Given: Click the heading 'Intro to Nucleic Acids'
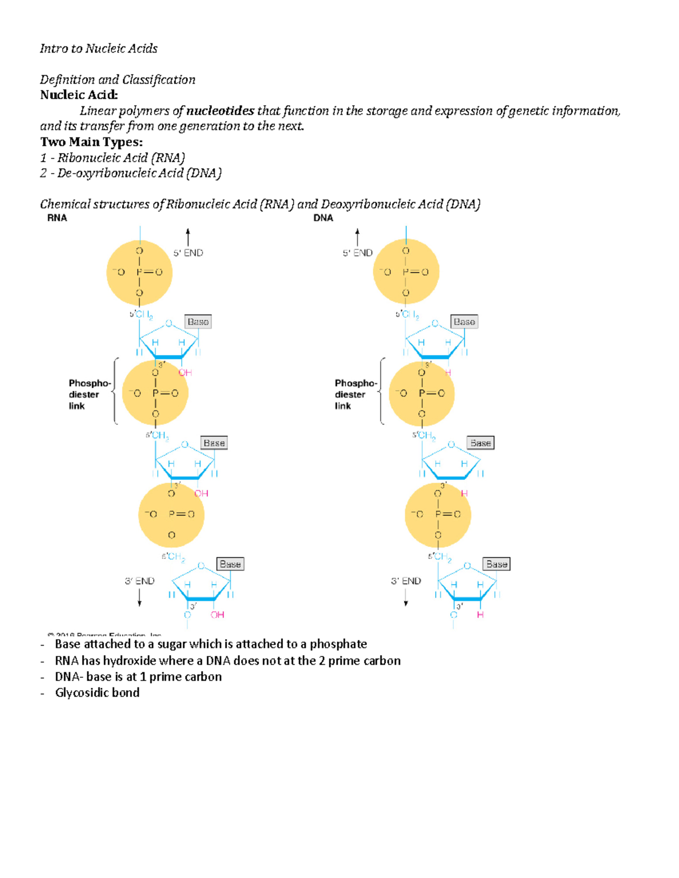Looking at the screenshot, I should [x=98, y=49].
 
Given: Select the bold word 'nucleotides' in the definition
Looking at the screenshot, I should [x=220, y=111].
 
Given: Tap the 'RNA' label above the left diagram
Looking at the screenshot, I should [x=57, y=218].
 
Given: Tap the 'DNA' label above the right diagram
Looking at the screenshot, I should [x=323, y=218].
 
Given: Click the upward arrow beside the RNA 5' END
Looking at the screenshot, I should [x=188, y=237].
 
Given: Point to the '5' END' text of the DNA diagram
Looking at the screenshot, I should [x=358, y=253].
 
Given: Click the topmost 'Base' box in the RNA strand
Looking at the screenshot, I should [x=198, y=322].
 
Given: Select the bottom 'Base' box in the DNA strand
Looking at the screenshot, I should [x=497, y=564].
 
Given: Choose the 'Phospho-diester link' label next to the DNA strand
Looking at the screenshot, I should [x=355, y=395].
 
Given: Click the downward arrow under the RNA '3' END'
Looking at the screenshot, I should [x=140, y=598].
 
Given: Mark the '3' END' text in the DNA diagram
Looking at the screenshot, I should [x=406, y=581].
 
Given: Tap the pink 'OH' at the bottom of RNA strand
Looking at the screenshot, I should [x=217, y=615].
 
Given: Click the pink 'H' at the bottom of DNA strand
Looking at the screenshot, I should [x=480, y=615].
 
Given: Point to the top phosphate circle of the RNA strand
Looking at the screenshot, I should [x=139, y=272].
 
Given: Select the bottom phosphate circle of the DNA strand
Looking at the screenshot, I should [x=438, y=514].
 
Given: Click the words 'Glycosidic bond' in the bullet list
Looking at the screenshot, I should [x=97, y=693].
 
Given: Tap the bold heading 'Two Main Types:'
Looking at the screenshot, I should [x=91, y=142].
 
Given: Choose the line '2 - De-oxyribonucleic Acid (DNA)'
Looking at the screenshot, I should [x=131, y=173].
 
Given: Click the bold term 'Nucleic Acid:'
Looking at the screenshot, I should [x=79, y=95].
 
